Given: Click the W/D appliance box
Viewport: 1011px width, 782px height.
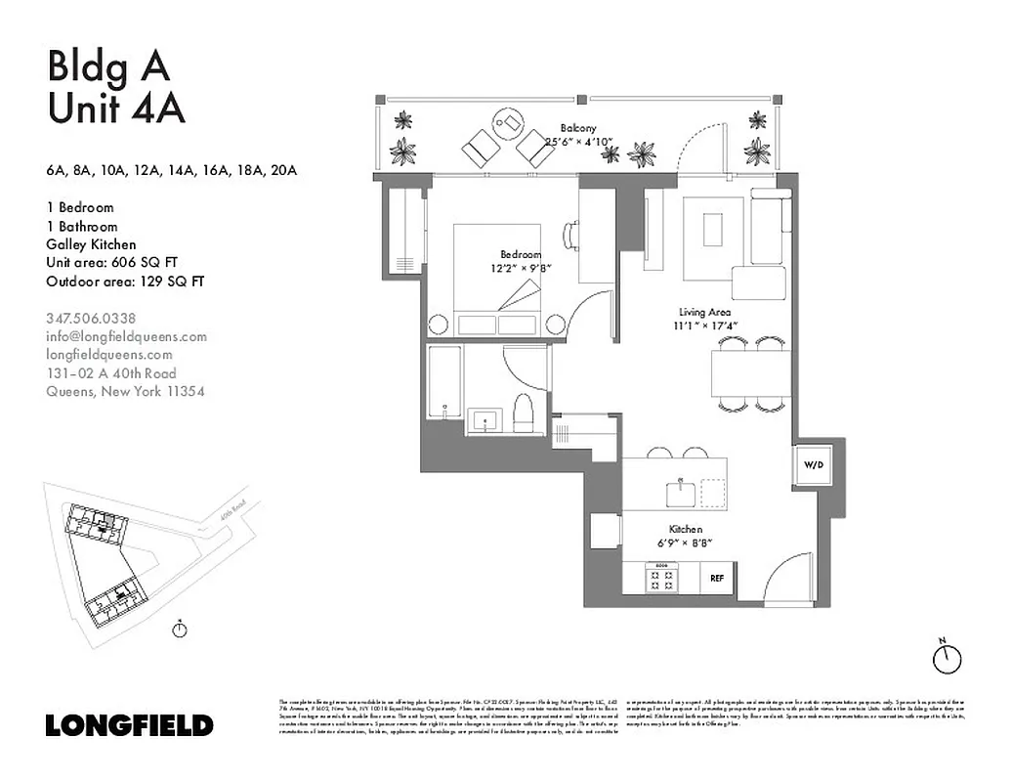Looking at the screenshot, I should (813, 466).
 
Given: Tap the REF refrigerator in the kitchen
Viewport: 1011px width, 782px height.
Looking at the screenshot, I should (716, 578).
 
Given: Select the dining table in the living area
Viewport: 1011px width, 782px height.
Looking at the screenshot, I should (748, 373).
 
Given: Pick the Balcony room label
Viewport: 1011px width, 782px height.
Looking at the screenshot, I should (577, 128).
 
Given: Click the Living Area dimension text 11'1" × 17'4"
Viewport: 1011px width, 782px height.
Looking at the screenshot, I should (705, 326).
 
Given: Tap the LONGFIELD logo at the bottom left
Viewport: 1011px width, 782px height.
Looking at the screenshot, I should (129, 725).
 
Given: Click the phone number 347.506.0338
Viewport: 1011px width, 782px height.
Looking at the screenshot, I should (91, 318).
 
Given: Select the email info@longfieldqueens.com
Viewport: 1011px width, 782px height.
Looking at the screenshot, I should (126, 336).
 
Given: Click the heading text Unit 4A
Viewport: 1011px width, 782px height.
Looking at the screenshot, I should (115, 109).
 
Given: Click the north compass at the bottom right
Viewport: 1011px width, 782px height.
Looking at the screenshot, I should (946, 658).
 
